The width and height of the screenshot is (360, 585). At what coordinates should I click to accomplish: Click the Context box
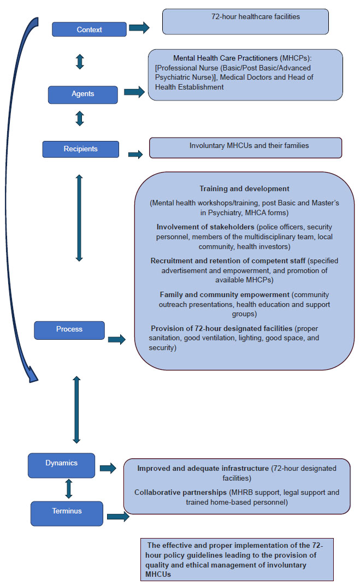pos(89,29)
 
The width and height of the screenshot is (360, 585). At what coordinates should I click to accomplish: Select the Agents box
pos(82,94)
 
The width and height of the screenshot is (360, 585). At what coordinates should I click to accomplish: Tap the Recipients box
pos(80,149)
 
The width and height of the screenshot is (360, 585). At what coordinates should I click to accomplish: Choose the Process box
pos(69,330)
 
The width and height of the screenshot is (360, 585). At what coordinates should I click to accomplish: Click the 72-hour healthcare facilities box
pos(245,21)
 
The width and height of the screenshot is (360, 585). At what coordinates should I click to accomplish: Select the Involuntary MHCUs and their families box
pos(245,147)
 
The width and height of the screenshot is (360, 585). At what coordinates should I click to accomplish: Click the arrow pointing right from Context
pos(139,28)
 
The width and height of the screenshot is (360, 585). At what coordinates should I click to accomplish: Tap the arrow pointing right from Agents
pos(134,92)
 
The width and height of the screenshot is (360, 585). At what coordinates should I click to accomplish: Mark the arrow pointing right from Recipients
pos(135,155)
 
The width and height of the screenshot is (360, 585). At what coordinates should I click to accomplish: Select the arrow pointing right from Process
pos(116,340)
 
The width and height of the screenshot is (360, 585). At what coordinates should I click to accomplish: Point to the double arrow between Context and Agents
pos(80,61)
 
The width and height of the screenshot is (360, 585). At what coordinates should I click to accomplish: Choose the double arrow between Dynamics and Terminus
pos(69,488)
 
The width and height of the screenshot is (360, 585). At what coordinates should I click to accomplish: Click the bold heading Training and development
pos(244,189)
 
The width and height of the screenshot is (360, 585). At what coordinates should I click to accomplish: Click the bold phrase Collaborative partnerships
pos(180,492)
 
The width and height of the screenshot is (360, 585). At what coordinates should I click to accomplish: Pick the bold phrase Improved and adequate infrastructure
pos(203,469)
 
